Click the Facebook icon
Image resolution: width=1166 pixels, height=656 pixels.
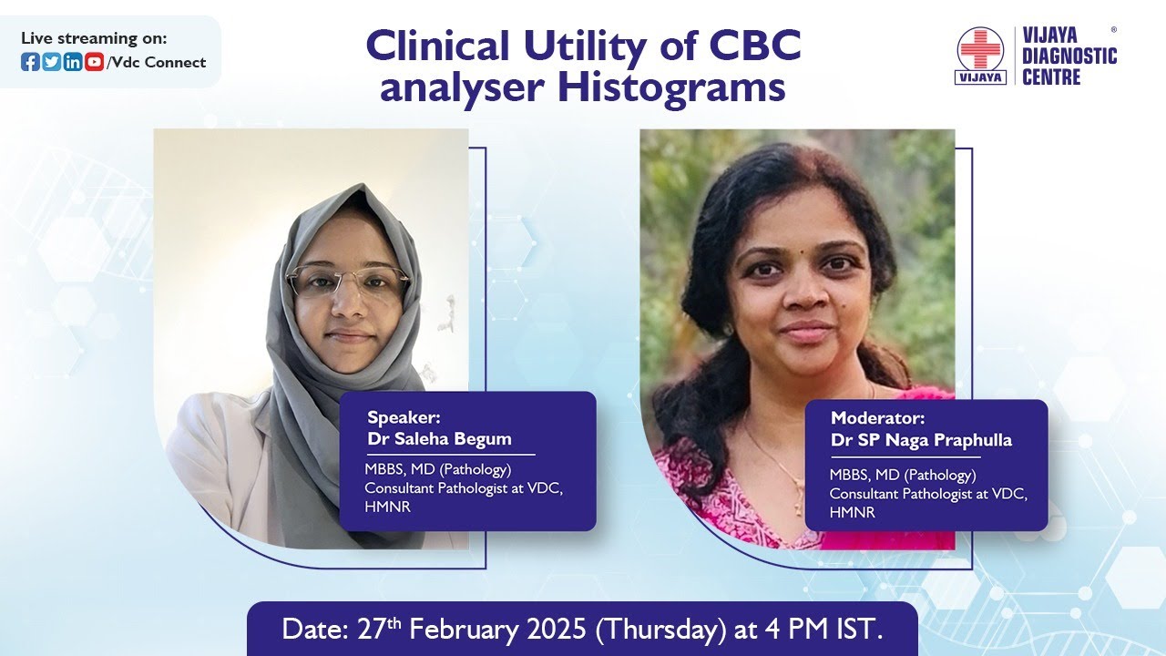pyautogui.click(x=30, y=62)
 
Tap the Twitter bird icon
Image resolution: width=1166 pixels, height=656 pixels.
pyautogui.click(x=51, y=62)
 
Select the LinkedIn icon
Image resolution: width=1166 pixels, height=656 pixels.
pyautogui.click(x=72, y=62)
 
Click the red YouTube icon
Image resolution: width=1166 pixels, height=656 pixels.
pyautogui.click(x=94, y=62)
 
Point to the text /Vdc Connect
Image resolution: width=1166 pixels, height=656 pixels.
pyautogui.click(x=157, y=63)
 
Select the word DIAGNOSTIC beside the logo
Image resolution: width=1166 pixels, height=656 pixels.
pyautogui.click(x=1069, y=56)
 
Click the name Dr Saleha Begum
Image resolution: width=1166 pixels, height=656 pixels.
pyautogui.click(x=439, y=439)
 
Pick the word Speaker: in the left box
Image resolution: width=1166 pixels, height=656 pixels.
pyautogui.click(x=404, y=418)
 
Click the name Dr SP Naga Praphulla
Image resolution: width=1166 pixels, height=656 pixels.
pyautogui.click(x=921, y=440)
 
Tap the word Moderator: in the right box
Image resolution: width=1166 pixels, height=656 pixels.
pyautogui.click(x=877, y=419)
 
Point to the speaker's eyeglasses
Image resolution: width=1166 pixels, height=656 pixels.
pyautogui.click(x=348, y=282)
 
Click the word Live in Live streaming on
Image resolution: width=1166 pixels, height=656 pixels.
pyautogui.click(x=37, y=38)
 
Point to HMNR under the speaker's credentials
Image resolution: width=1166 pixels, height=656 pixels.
pyautogui.click(x=388, y=507)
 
